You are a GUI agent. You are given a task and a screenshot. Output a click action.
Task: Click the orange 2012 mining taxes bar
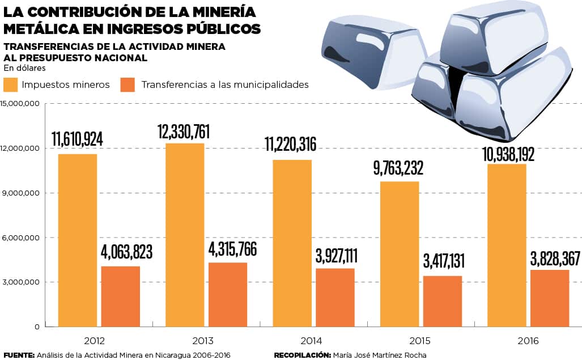pos(78,240)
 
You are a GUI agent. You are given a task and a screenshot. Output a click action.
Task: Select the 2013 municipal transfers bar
pos(228,294)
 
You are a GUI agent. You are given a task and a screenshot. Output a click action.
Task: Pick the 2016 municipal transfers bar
pos(550,298)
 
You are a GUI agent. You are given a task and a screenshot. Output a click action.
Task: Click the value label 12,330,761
pos(185,132)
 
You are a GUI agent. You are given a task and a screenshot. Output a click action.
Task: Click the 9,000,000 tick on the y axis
pos(20,193)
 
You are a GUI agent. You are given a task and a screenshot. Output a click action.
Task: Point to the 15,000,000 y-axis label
pos(20,104)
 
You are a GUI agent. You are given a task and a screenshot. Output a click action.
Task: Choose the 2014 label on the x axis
pos(311,341)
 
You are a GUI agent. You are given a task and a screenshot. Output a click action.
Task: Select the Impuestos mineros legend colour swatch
pos(11,85)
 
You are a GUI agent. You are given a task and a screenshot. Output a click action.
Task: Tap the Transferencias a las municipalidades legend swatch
pos(128,85)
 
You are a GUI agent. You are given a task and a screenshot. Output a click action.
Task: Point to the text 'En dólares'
pos(24,68)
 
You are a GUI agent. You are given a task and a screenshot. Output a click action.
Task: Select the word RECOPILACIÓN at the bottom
pos(302,355)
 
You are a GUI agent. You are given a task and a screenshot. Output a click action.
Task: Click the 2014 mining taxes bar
pos(292,243)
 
